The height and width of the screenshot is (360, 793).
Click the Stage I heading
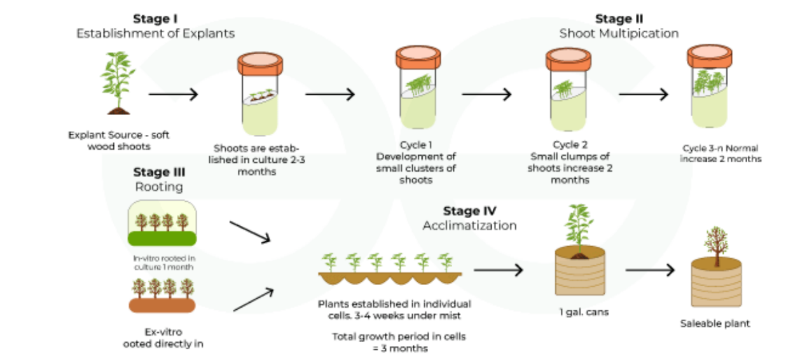point(156,18)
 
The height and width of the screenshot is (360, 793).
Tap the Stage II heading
point(619,19)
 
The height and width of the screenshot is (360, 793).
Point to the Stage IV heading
point(469,211)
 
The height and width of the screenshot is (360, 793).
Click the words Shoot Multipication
point(619,33)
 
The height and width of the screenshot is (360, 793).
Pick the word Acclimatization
point(469,225)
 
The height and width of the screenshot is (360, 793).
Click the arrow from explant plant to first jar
point(173,94)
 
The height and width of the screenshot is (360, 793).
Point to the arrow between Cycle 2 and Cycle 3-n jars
point(643,94)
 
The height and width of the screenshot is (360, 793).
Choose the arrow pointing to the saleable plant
point(649,270)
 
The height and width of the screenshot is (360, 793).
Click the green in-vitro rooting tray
point(162,224)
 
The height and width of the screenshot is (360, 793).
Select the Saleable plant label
point(715,324)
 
